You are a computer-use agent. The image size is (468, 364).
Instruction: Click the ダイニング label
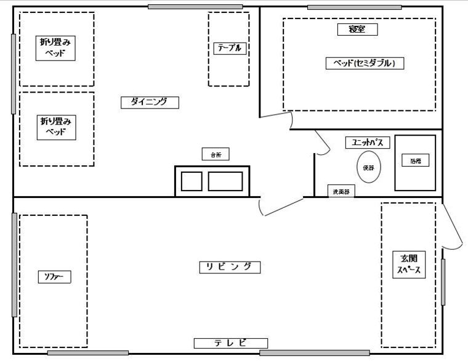(x=150, y=102)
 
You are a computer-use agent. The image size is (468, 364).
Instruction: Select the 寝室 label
(x=357, y=29)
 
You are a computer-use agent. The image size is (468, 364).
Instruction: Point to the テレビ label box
(x=231, y=343)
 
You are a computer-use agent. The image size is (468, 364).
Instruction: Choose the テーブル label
(x=230, y=49)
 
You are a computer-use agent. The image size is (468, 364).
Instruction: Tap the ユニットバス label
(x=368, y=143)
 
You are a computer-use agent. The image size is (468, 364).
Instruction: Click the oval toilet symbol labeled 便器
(x=369, y=167)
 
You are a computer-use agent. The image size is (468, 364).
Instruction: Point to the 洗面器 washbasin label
(x=341, y=192)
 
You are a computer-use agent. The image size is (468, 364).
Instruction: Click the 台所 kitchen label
(x=216, y=155)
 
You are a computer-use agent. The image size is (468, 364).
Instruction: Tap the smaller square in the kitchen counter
(x=191, y=181)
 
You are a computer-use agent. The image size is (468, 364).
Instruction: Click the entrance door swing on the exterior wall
(x=452, y=228)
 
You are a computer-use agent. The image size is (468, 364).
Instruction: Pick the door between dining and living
(x=274, y=207)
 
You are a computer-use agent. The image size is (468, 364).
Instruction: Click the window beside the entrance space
(x=443, y=282)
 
